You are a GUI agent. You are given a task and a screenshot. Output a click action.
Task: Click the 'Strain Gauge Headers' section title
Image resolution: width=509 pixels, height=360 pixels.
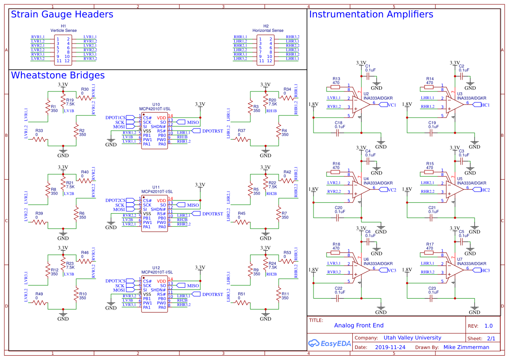(62, 14)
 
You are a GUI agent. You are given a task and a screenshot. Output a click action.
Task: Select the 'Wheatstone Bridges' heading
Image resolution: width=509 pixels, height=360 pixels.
(57, 75)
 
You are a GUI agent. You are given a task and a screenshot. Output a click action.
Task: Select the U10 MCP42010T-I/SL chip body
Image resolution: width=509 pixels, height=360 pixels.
(153, 131)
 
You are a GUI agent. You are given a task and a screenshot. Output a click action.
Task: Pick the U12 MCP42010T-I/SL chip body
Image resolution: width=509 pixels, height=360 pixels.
(153, 294)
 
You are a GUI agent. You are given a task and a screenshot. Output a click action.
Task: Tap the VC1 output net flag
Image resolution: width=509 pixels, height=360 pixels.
(390, 105)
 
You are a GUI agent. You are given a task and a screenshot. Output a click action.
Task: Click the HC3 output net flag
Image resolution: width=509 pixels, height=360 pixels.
(484, 270)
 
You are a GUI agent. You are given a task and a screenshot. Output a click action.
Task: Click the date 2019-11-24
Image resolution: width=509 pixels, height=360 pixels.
(390, 347)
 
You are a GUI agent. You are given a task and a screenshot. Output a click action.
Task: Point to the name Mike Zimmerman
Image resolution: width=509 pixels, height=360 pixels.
(466, 347)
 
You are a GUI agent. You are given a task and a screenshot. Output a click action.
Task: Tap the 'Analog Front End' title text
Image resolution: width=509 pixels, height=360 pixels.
(359, 325)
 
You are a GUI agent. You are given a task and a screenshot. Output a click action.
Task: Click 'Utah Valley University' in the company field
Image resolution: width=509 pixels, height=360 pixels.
(412, 338)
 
